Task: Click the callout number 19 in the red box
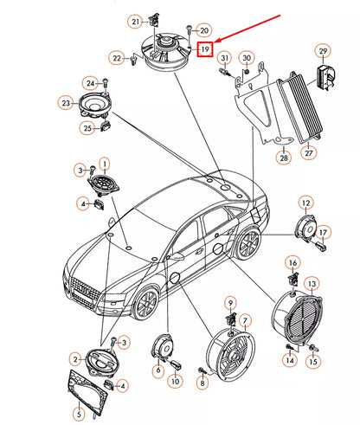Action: tap(205, 50)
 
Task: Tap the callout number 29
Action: tap(322, 51)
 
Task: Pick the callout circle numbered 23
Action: tap(67, 103)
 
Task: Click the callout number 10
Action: tap(174, 382)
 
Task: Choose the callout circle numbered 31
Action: tap(223, 58)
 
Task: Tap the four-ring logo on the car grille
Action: tap(86, 288)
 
